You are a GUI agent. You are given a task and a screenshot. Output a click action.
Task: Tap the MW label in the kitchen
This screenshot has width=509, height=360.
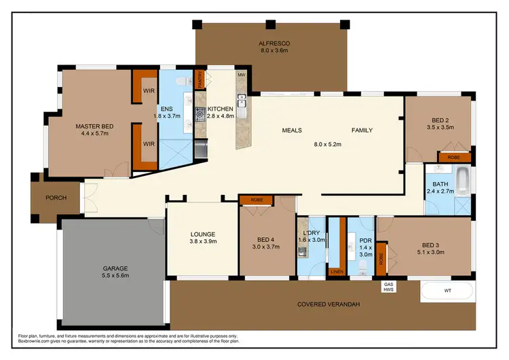coord(241,75)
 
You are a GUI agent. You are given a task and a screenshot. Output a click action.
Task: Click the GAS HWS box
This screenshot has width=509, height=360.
coord(390,287)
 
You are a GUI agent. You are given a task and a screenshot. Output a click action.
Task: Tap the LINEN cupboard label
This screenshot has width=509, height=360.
coord(336,272)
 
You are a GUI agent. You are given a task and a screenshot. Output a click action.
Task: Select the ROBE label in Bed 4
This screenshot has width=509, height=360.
coord(256,200)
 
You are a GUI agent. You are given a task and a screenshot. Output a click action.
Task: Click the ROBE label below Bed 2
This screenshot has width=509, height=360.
coord(453,157)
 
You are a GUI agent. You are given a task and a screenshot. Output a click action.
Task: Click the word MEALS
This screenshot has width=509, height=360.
coord(292,130)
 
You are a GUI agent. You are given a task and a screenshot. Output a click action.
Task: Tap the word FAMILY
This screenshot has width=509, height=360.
coord(362,130)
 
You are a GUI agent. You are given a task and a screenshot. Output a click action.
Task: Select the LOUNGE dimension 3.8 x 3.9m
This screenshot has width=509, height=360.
coord(202,241)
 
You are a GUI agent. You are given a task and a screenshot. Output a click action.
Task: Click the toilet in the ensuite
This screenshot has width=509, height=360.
coord(179,83)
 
